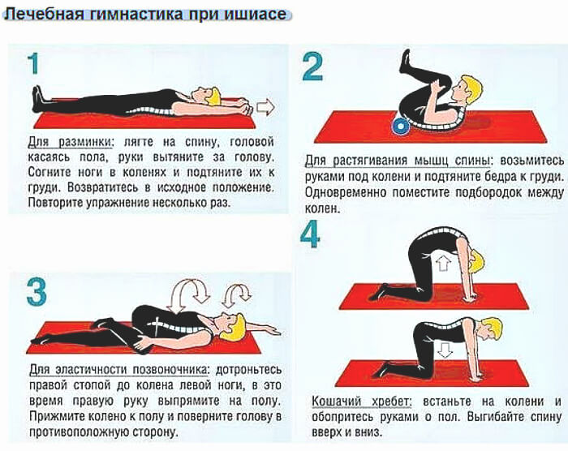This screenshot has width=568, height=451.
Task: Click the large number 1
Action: point(32,66)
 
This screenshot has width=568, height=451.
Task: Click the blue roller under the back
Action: point(399,125)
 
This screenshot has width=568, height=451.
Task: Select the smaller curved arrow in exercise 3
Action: point(238,294)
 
